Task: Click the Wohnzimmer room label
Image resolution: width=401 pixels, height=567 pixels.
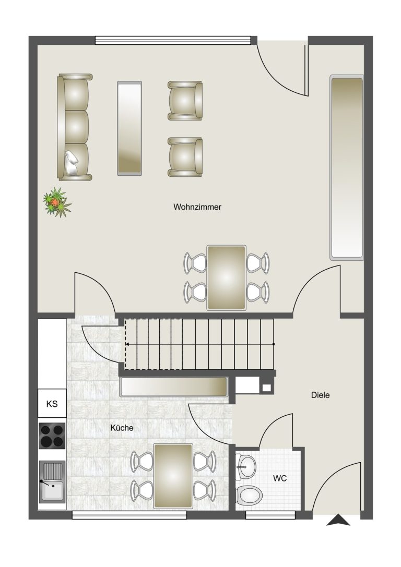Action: pos(197,207)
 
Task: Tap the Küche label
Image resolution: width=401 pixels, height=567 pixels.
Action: pos(122,428)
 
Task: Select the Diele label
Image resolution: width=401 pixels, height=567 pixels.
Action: pos(320,395)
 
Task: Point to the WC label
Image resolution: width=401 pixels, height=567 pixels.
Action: pos(280,478)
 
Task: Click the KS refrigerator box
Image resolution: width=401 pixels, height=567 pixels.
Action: pos(52,404)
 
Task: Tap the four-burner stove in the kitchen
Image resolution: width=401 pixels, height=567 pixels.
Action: pos(52,436)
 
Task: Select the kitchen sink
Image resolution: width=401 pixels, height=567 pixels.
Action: pos(52,481)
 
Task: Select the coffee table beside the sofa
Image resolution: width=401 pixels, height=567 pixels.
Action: pos(129,128)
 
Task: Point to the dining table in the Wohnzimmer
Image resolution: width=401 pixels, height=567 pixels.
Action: pos(226,278)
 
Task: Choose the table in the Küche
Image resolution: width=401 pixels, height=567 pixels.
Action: pos(173,476)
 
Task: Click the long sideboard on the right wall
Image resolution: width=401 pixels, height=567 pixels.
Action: pos(346,167)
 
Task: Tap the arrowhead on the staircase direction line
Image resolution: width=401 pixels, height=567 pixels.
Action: pos(128,344)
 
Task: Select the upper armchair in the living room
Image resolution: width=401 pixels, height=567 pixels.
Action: pos(185,101)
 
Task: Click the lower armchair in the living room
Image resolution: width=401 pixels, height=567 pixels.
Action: pos(185,157)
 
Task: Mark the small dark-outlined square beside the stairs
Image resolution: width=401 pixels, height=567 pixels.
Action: pos(266,388)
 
